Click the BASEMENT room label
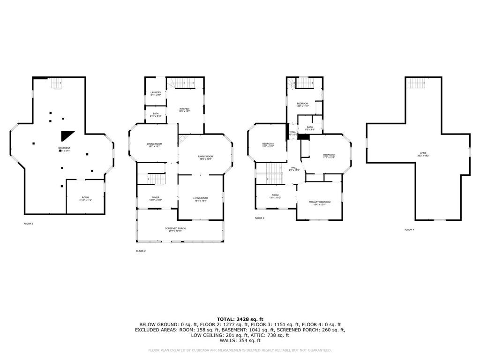click(64, 148)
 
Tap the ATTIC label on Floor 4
click(422, 153)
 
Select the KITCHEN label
click(184, 109)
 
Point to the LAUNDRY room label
click(156, 92)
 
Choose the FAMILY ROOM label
click(205, 156)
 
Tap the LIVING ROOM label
click(201, 198)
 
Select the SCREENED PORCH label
click(175, 229)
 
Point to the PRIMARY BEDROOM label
click(319, 202)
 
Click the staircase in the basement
click(57, 83)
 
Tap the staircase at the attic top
click(415, 83)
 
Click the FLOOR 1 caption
click(29, 224)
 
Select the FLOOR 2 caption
click(141, 251)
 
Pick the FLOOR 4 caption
click(409, 230)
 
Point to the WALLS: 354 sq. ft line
click(240, 340)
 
